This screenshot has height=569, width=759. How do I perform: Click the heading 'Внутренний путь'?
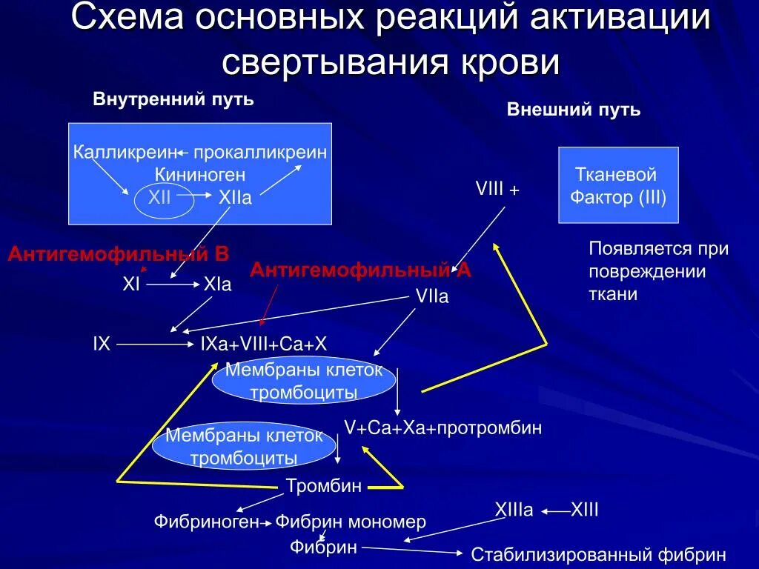point(173,99)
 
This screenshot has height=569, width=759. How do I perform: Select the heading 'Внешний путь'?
point(574,110)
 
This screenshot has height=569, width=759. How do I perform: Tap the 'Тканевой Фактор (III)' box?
point(617,185)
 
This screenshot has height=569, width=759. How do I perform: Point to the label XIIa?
point(235,199)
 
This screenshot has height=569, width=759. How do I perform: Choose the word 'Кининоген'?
point(200,176)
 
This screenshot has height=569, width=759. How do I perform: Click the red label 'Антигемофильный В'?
point(119,255)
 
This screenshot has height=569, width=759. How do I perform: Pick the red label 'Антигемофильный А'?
point(360,270)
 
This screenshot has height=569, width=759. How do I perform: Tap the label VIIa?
point(432,296)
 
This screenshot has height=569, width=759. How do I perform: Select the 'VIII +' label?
point(497,190)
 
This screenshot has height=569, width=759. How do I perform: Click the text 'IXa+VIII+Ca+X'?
point(264,345)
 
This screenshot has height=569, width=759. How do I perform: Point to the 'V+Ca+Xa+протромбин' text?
point(443,428)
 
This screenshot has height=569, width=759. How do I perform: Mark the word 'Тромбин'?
point(324,486)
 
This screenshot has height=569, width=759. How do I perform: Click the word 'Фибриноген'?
point(206,522)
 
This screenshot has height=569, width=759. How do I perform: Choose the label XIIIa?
point(514,510)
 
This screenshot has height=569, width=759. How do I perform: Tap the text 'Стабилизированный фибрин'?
point(598,554)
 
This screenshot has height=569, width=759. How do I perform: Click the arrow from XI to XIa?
point(171,284)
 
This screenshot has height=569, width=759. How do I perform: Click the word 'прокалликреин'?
point(260,153)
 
